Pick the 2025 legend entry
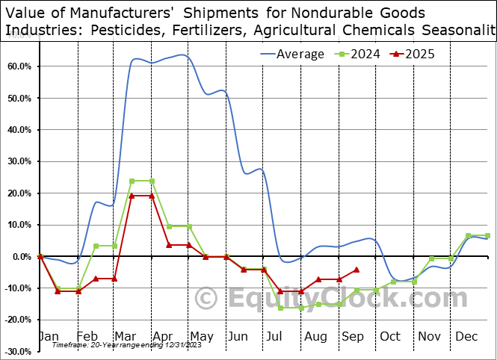tap(419, 54)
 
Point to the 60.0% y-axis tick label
tap(19, 66)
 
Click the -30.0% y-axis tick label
tap(17, 351)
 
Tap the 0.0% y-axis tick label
tap(22, 256)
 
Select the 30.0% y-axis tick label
tap(19, 161)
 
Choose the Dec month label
tap(466, 337)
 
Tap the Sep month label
tap(354, 337)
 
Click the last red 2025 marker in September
tap(356, 270)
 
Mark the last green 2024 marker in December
tap(488, 236)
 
